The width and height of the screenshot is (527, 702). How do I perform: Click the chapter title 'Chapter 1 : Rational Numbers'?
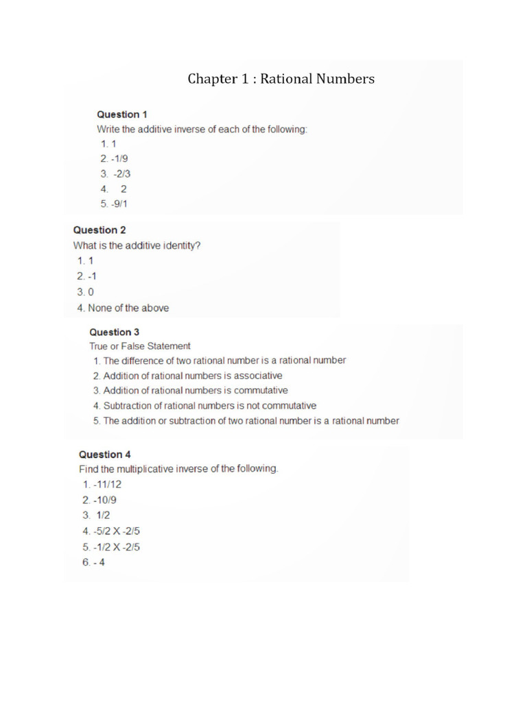281,79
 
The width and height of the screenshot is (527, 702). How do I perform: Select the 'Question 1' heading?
121,114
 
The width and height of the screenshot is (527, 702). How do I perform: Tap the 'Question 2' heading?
99,230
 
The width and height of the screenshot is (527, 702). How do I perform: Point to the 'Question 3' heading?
115,332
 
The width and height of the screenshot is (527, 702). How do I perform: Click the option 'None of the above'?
128,308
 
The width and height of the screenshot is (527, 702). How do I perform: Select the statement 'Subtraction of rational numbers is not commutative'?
209,406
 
